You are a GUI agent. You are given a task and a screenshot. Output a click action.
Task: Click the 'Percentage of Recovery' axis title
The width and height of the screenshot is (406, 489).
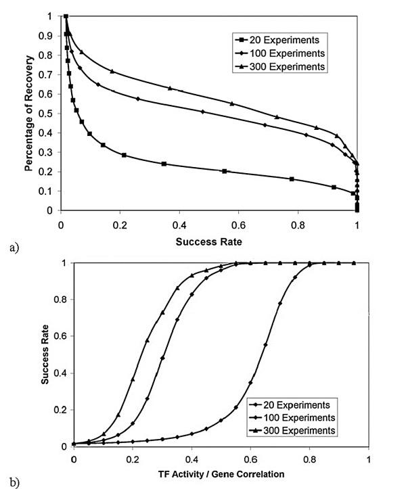coord(30,112)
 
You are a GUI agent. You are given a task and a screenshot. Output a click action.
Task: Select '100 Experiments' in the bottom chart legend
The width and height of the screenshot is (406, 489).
coord(303,417)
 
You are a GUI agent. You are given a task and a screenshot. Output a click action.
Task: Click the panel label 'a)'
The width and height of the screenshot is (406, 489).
coord(14,248)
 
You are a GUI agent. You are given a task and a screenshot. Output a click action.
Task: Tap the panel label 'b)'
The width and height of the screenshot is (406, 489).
coord(14,482)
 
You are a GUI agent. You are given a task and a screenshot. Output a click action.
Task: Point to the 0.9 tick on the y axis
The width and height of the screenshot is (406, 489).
coord(48,35)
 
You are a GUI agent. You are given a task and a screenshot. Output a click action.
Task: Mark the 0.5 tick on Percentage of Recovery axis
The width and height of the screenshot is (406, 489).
coord(48,114)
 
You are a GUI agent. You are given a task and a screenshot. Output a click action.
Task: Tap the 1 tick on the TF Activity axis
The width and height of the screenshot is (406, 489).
coord(368,458)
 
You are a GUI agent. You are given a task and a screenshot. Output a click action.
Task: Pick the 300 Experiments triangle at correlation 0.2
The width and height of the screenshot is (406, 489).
coord(133,379)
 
